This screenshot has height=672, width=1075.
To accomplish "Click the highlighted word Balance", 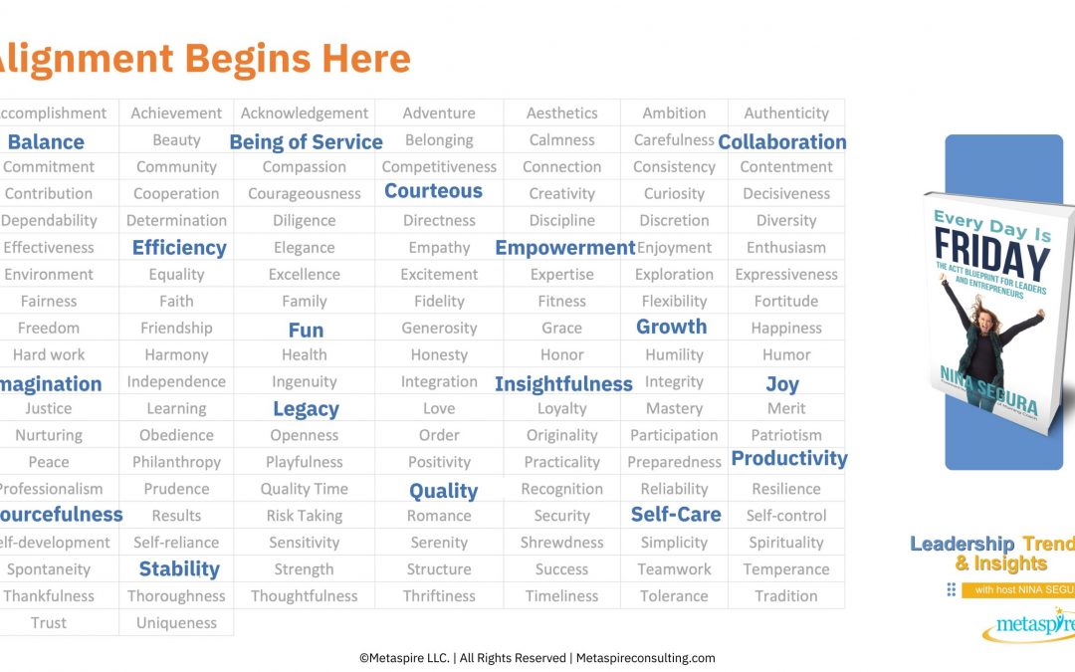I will (x=46, y=141).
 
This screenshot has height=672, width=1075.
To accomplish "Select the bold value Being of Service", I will (x=306, y=141).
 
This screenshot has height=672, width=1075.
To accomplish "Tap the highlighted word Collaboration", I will (x=782, y=141).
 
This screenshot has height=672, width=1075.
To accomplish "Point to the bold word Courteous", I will (x=433, y=191).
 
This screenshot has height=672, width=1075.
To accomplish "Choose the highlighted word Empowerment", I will (x=564, y=248).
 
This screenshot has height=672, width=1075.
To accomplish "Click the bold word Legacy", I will (x=306, y=409).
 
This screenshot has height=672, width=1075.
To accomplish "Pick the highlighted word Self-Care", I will (x=676, y=515).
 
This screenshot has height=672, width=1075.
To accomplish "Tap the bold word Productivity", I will (x=789, y=458).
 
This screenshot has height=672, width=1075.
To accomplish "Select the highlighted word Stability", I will (x=178, y=569).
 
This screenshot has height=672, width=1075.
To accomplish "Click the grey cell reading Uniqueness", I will (x=176, y=623).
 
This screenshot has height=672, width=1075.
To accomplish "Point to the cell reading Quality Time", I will (x=305, y=489).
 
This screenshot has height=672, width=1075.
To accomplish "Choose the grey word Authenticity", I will (x=786, y=113).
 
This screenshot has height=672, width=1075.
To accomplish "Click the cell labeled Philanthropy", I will (x=176, y=462).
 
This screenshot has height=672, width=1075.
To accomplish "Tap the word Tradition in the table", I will (x=785, y=596).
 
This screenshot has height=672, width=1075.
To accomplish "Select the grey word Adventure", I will (x=439, y=113).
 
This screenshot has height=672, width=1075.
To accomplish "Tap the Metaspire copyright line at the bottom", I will (x=537, y=658).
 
